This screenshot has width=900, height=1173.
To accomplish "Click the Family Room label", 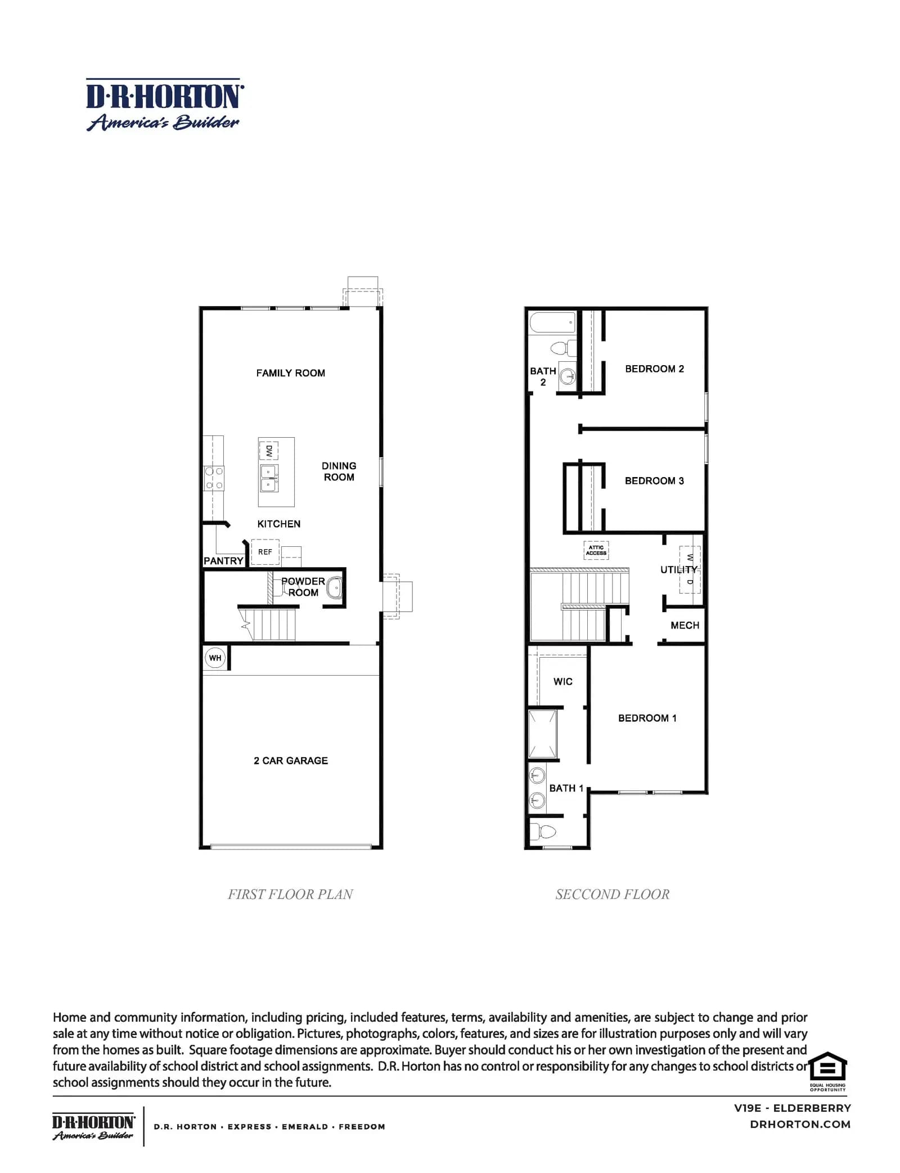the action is (290, 373).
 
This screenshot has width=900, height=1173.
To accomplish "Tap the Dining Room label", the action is (339, 471).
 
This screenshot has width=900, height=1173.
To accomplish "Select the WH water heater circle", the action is (215, 658).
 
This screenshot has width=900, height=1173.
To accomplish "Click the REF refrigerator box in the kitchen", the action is (265, 552).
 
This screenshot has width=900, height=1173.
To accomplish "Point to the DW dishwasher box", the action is (268, 451).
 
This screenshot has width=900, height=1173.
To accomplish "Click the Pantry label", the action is (223, 561).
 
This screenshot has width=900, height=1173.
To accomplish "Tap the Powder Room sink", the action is (334, 588).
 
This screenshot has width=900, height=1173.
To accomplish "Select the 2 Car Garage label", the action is (290, 761).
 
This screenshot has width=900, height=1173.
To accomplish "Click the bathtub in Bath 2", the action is (552, 323).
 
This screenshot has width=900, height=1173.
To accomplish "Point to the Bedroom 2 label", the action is (654, 369).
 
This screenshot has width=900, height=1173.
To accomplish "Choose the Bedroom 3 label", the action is (654, 481).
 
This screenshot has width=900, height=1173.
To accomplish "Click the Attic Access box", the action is (596, 550).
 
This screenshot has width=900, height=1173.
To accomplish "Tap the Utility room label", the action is (678, 570).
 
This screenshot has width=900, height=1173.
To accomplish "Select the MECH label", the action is (685, 626).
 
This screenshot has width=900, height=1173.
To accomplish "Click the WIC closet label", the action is (562, 682).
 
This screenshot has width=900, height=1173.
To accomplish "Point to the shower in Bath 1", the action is (543, 734).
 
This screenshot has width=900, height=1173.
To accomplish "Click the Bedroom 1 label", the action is (647, 718).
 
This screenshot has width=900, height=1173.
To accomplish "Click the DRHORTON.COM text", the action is (800, 1125).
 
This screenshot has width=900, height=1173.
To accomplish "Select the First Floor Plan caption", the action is (290, 895).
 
